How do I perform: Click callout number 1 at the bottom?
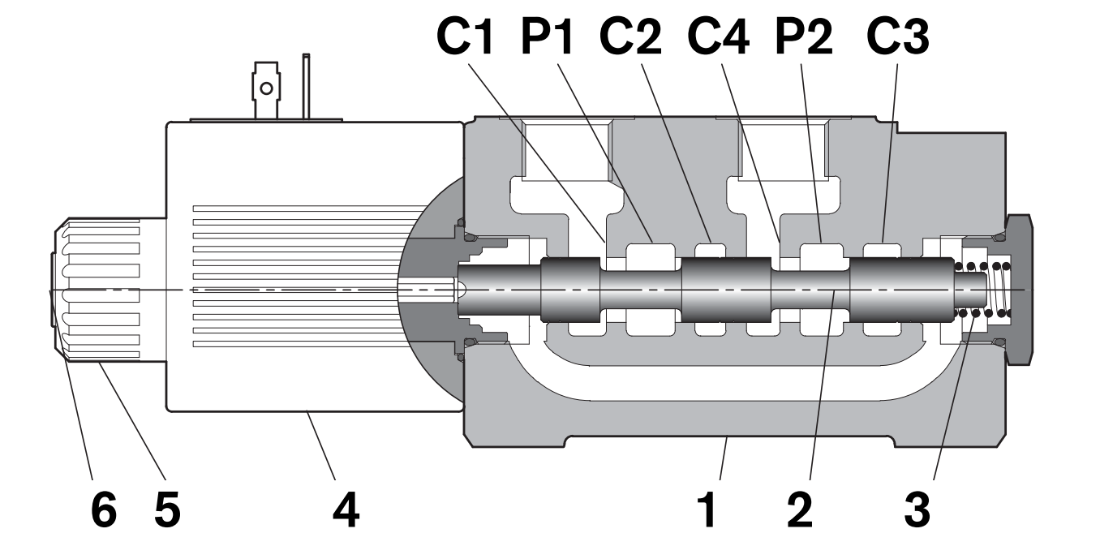click(708, 510)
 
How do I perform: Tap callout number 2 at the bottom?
click(800, 510)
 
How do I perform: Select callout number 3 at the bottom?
click(917, 510)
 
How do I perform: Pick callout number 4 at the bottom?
click(346, 510)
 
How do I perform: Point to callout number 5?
click(167, 510)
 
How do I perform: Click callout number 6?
click(104, 510)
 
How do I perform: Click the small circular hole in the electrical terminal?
click(267, 88)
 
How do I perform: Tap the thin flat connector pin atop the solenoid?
click(306, 86)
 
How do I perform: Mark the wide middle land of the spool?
click(726, 290)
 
